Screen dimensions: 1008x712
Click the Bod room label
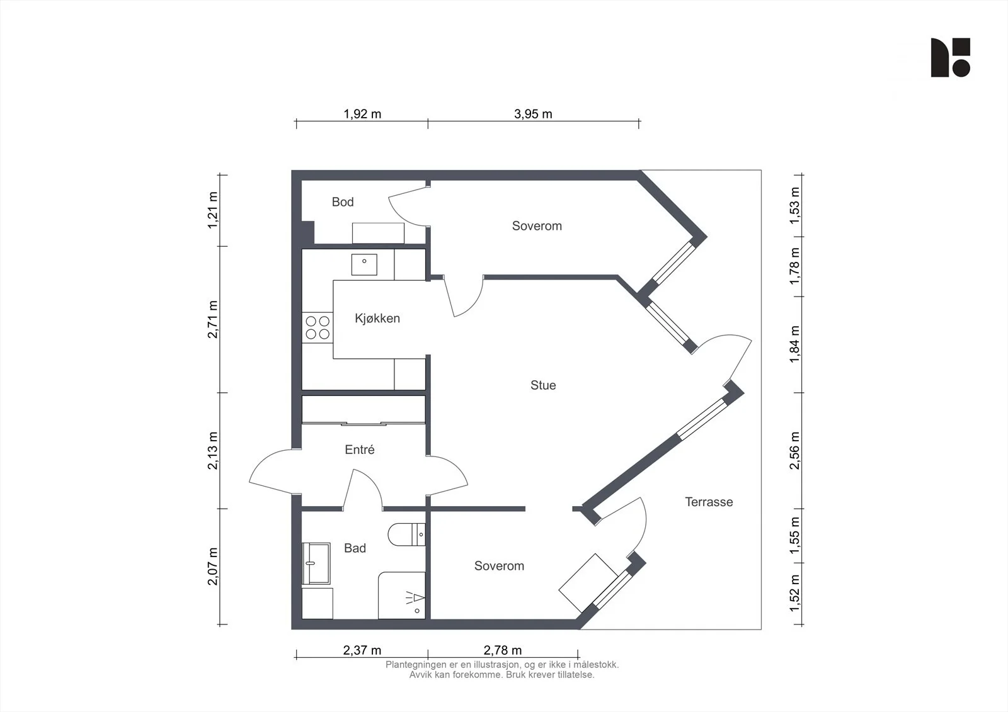pyautogui.click(x=343, y=202)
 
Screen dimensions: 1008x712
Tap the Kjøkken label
pyautogui.click(x=377, y=319)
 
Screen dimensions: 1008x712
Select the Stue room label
pyautogui.click(x=543, y=385)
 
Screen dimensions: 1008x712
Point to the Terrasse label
pyautogui.click(x=709, y=502)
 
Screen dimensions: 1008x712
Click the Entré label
pyautogui.click(x=360, y=449)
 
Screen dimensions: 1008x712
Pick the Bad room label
pyautogui.click(x=355, y=548)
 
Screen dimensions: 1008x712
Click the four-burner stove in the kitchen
pyautogui.click(x=318, y=328)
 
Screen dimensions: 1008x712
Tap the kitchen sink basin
pyautogui.click(x=365, y=264)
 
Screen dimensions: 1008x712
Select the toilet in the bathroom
pyautogui.click(x=406, y=534)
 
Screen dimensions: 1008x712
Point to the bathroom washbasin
pyautogui.click(x=316, y=563)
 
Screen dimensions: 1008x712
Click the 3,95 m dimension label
pyautogui.click(x=533, y=114)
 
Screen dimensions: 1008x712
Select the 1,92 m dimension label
pyautogui.click(x=362, y=114)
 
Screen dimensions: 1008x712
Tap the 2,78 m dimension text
pyautogui.click(x=503, y=650)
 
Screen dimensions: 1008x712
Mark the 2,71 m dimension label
pyautogui.click(x=213, y=319)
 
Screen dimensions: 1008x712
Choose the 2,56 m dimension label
pyautogui.click(x=794, y=451)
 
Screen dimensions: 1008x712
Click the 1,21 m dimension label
pyautogui.click(x=213, y=210)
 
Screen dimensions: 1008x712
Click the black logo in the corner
pyautogui.click(x=951, y=57)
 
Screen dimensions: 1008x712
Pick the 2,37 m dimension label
pyautogui.click(x=362, y=650)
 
